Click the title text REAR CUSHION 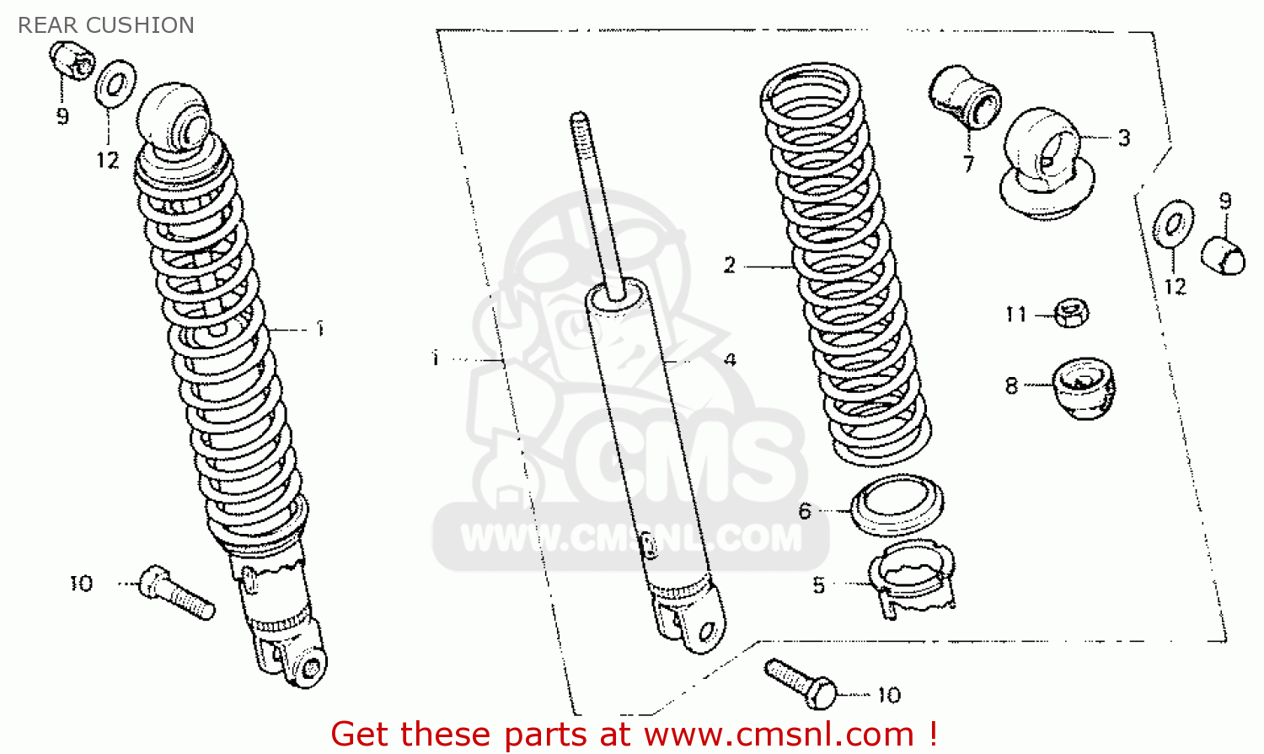[106, 25]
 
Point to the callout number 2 [730, 265]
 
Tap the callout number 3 [1124, 137]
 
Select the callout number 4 [730, 360]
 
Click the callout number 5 [819, 585]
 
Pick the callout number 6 [805, 511]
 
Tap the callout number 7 [968, 164]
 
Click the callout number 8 [1011, 385]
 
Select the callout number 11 [1016, 314]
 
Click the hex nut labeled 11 [1072, 313]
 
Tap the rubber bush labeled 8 [1084, 388]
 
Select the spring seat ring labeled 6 [897, 505]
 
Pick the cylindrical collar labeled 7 [964, 98]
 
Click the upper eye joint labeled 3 [1047, 164]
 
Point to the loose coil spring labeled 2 [844, 264]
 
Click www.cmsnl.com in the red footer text [779, 735]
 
